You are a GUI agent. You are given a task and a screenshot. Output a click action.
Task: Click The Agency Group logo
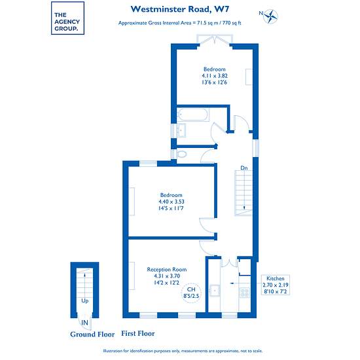(x=67, y=18)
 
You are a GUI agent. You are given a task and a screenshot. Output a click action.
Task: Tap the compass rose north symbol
(x=269, y=16)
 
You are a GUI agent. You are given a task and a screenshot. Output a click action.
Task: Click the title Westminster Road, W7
(x=180, y=9)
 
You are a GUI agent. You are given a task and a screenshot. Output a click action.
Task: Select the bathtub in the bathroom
(x=193, y=115)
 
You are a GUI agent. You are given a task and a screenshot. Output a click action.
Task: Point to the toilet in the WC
(x=181, y=154)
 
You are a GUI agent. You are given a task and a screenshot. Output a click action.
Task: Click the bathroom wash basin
(x=181, y=130)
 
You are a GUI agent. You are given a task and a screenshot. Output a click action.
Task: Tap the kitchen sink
(x=215, y=291)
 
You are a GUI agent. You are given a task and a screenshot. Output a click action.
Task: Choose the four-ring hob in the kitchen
(x=245, y=293)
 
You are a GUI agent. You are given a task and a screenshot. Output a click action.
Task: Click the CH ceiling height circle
(x=191, y=293)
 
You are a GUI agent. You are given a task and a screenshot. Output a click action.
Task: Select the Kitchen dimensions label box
(x=276, y=285)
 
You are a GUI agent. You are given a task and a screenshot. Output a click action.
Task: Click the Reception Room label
(x=167, y=269)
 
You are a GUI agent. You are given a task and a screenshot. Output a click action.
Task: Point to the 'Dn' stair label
(x=244, y=168)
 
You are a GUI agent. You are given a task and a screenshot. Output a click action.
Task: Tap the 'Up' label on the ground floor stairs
(x=85, y=301)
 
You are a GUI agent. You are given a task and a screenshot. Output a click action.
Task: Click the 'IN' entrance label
(x=84, y=323)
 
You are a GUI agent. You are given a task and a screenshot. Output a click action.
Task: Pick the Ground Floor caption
(x=92, y=334)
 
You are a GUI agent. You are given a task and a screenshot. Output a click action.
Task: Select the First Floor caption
(x=138, y=333)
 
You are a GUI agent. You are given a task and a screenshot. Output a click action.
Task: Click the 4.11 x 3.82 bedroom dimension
(x=215, y=76)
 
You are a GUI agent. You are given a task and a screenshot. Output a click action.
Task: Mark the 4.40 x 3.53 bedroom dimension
(x=171, y=202)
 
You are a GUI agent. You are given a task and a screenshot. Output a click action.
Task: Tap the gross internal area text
(x=179, y=23)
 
